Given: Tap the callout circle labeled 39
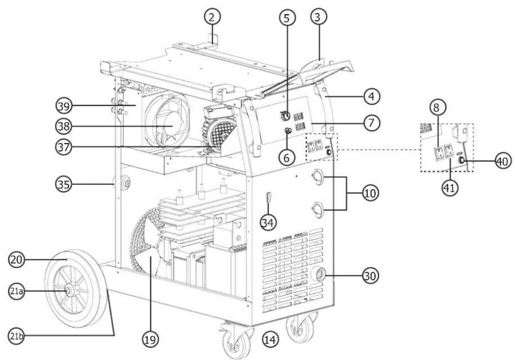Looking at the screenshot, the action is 64,106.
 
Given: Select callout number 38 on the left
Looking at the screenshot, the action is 64,126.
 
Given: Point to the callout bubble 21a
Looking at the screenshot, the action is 16,291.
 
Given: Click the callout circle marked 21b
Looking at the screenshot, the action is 16,336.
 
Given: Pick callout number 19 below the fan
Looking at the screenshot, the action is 150,339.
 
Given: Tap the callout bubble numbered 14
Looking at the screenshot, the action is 270,339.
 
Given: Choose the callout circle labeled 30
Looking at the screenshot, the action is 370,275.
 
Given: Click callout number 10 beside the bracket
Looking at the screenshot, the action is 370,193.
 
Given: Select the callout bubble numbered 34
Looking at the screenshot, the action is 268,223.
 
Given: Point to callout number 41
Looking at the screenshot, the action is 450,188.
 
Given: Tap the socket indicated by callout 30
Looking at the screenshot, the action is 319,274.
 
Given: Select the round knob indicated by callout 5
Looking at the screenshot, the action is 285,116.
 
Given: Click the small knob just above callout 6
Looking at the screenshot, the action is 288,131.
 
